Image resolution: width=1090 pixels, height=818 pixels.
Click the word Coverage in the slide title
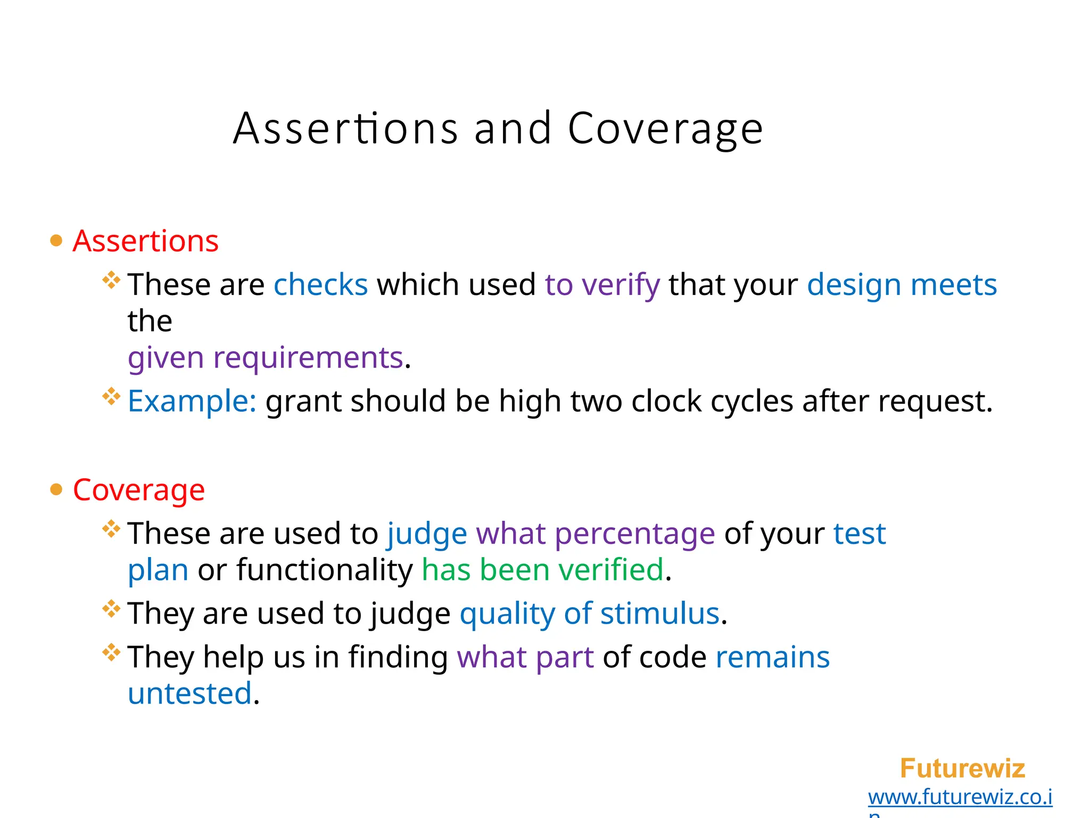coord(665,129)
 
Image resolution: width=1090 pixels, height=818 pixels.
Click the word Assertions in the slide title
coord(346,129)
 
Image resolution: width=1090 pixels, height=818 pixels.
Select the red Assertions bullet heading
coord(145,241)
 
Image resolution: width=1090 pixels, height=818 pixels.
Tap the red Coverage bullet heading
coord(138,490)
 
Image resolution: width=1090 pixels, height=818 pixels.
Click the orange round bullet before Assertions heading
coord(56,241)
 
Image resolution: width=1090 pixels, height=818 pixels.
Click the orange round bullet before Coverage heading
coord(56,489)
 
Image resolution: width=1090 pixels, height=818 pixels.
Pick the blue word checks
coord(320,285)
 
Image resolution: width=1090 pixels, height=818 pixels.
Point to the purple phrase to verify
coord(602,285)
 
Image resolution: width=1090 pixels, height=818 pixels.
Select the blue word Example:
coord(192,401)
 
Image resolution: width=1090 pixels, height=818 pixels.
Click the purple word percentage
coord(634,534)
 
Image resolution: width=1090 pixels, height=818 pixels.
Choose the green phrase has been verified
coord(543,570)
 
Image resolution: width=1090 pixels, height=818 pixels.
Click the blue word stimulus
coord(660,613)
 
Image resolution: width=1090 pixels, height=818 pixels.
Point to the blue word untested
coord(190,693)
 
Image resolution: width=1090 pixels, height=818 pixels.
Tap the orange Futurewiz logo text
coord(962,768)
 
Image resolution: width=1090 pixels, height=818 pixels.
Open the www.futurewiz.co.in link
coord(960,797)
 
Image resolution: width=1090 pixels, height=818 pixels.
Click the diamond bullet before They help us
coord(111,652)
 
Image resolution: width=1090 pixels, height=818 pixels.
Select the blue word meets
coord(953,285)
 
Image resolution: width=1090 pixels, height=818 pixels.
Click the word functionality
coord(324,570)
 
